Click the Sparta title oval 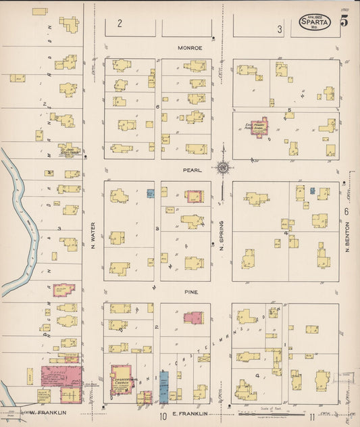(x=315, y=24)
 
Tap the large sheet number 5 (x=344, y=20)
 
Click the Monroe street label (x=190, y=48)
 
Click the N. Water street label (x=93, y=233)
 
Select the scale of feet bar (x=270, y=411)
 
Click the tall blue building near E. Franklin (x=164, y=386)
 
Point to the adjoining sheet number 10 (x=163, y=415)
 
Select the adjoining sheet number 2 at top (x=120, y=24)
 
